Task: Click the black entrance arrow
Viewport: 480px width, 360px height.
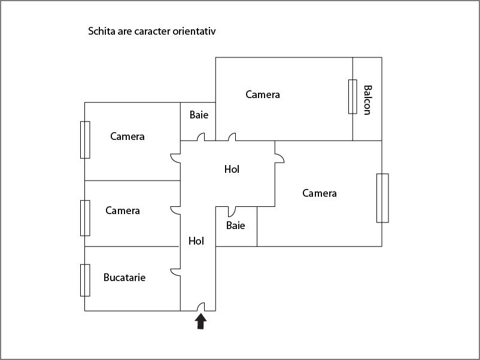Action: (201, 322)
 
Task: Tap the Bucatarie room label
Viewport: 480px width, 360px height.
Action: (124, 277)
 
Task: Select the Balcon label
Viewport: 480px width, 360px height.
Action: (367, 100)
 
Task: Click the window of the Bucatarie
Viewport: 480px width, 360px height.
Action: (85, 280)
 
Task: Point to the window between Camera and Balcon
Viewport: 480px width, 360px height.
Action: (353, 97)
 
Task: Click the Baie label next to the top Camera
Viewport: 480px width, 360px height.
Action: (199, 115)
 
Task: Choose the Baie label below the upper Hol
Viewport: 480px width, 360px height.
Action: (235, 225)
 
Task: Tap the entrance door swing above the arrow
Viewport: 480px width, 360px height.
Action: (201, 307)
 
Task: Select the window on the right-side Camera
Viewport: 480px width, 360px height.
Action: (382, 198)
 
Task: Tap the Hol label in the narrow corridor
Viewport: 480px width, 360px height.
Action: (196, 241)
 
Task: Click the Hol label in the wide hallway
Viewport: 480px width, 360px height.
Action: (232, 169)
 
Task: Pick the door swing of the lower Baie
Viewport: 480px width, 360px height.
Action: (232, 212)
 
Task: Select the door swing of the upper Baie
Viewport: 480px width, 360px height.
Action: (201, 137)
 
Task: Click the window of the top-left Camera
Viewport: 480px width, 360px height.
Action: (85, 140)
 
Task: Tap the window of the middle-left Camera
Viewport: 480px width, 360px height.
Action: (85, 218)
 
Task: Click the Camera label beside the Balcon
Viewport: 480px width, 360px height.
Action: (263, 94)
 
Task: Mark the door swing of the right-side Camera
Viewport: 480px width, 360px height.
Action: (280, 158)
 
